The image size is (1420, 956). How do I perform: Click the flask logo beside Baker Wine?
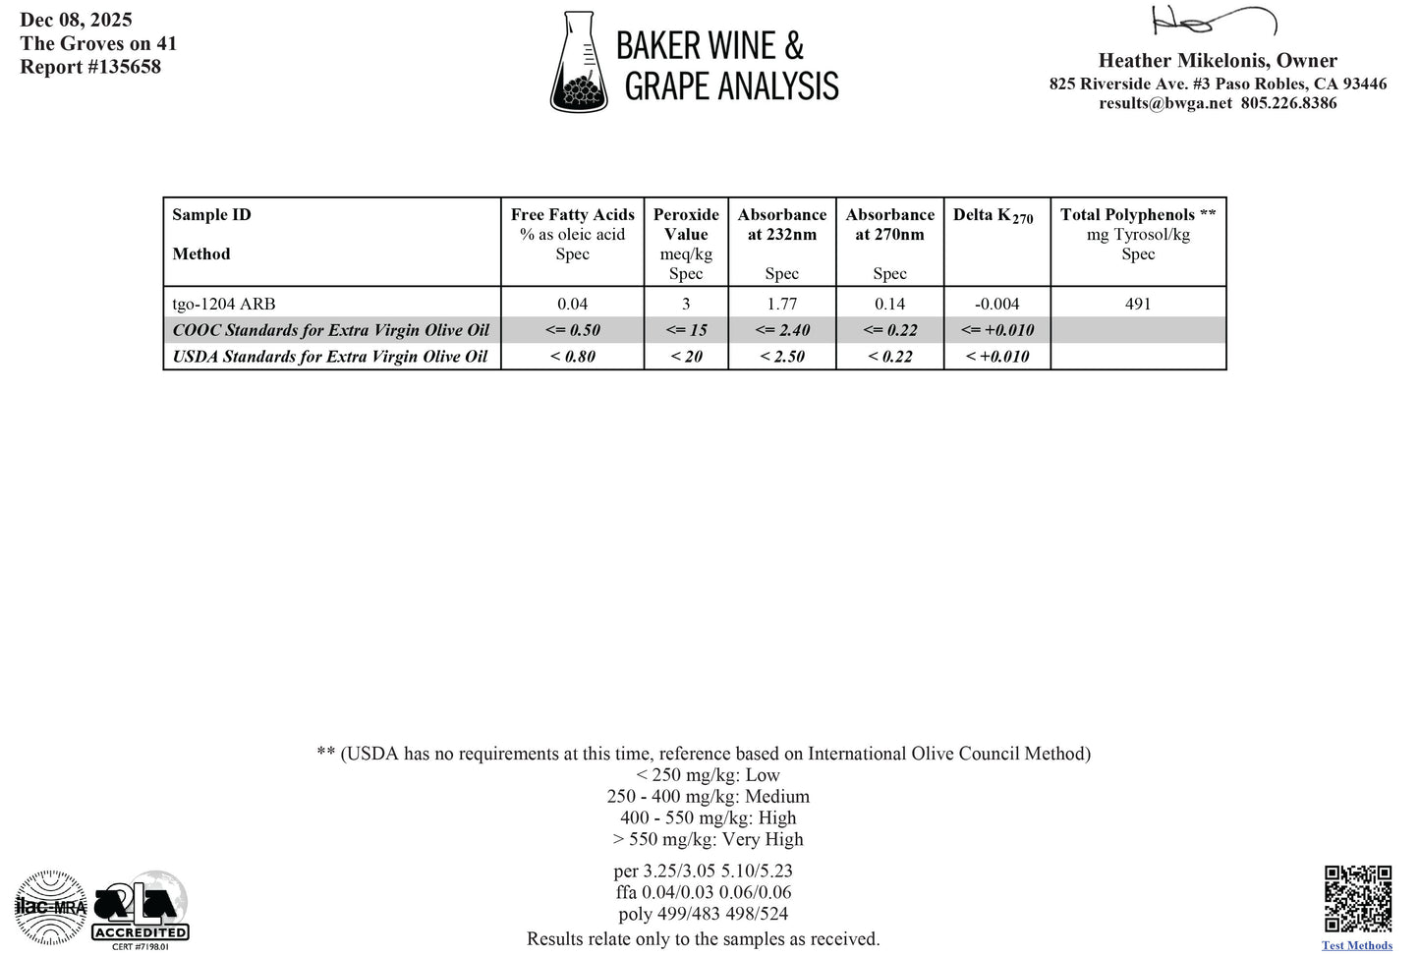[581, 63]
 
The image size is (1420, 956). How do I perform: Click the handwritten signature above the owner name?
[1213, 21]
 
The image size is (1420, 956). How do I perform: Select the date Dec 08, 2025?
[76, 20]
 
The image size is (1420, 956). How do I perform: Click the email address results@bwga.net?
[1164, 103]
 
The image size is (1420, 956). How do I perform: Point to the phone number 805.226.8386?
[1288, 103]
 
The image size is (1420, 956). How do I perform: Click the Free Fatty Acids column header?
[572, 215]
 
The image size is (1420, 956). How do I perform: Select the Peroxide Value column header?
[686, 224]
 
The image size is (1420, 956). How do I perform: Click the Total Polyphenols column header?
[1137, 215]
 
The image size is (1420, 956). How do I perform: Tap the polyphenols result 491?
[1137, 304]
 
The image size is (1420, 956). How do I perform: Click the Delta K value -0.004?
[996, 304]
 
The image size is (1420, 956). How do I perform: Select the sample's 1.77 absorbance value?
[782, 304]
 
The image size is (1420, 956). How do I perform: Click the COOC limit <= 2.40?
[782, 330]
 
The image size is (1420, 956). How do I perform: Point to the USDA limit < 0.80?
[572, 357]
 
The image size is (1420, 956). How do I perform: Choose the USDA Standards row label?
[330, 357]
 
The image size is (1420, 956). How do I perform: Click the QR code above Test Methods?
[1357, 898]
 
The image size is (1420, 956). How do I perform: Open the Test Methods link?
[1356, 945]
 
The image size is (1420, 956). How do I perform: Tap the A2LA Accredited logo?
[141, 908]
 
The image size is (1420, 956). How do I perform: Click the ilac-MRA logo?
[51, 907]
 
